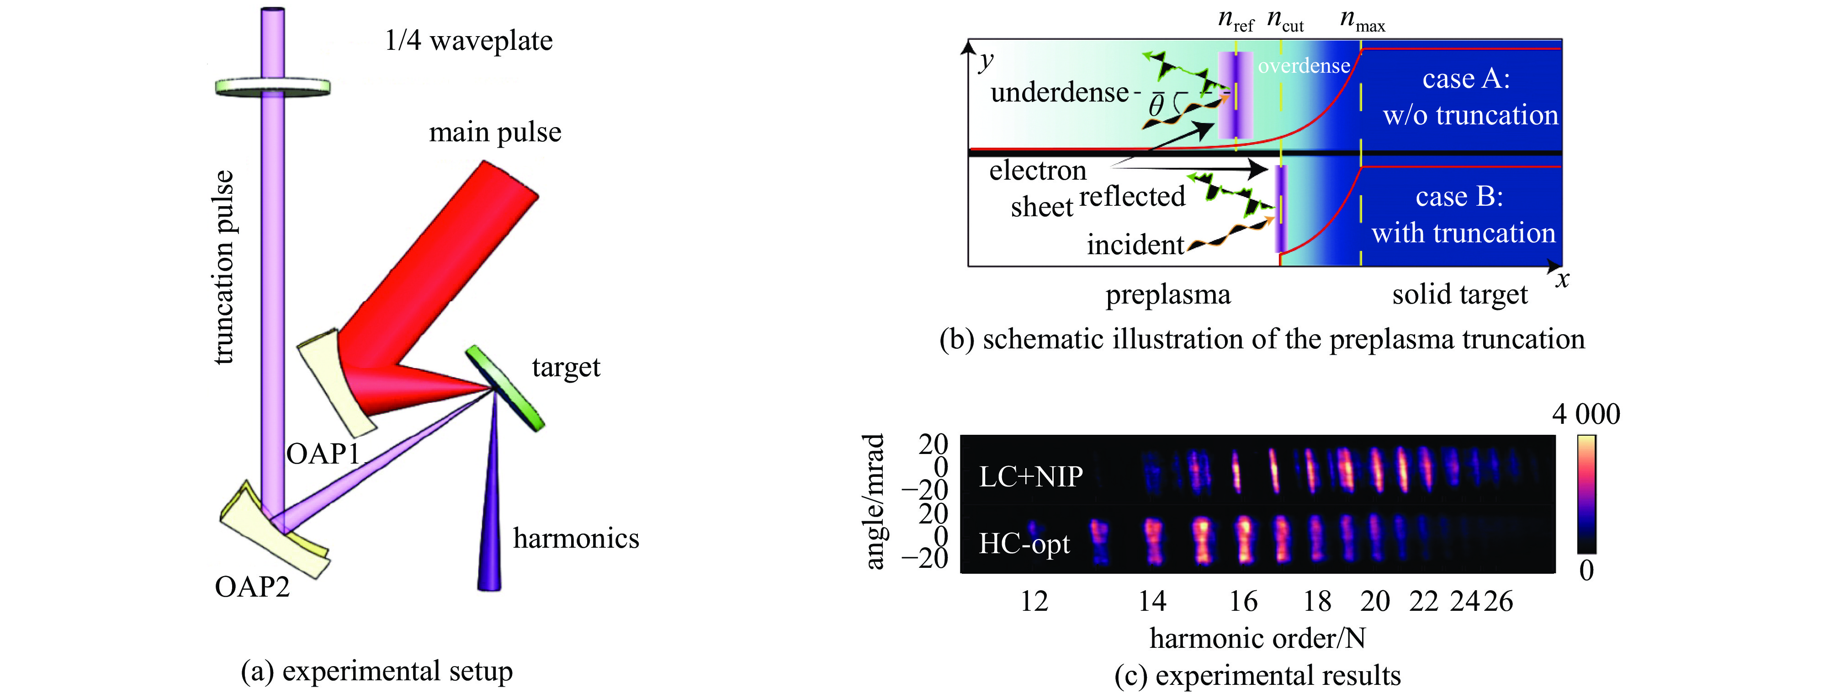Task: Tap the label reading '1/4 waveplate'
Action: pos(468,41)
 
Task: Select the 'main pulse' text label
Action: pos(495,133)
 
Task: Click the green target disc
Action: pos(505,388)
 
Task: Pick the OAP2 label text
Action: pos(252,587)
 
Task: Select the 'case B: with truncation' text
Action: pos(1463,214)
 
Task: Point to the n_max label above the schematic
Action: pos(1362,20)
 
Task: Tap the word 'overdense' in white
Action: pos(1304,66)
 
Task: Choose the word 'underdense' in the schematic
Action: pos(1059,93)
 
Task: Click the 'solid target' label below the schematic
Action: pos(1459,294)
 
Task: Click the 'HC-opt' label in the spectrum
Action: pos(1024,544)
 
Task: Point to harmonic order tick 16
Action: pos(1243,601)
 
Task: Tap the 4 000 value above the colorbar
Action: pos(1586,415)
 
